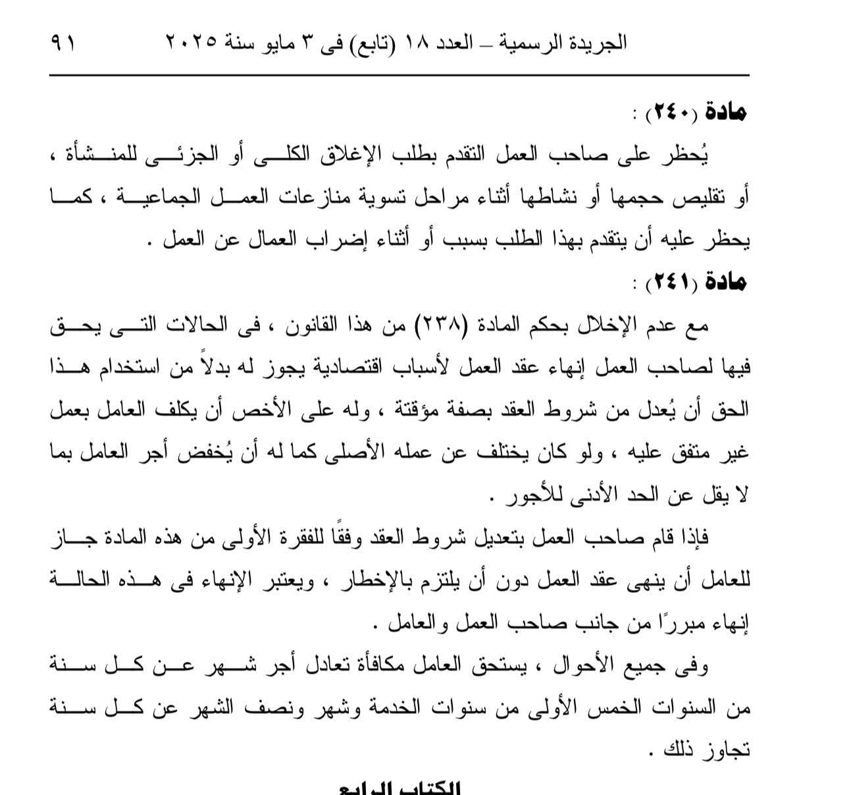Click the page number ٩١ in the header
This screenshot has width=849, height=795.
point(63,44)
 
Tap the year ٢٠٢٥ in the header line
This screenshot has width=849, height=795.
point(190,44)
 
